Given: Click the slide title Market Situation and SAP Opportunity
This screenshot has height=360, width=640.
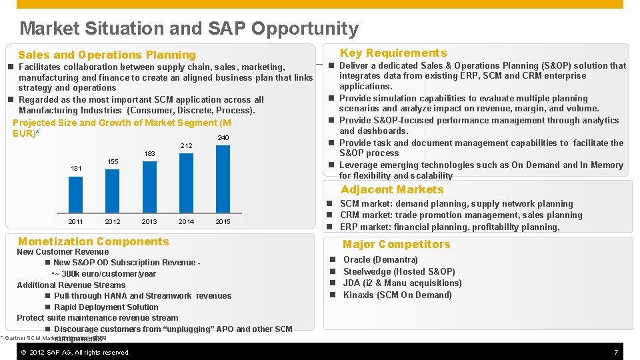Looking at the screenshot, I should point(189,28).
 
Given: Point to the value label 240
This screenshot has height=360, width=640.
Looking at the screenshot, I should point(223,138).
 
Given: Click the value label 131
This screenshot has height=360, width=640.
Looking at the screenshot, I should point(76,169).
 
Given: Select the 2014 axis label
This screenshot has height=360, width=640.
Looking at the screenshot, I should point(186,222).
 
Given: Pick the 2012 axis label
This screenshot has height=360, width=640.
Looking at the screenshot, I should point(113,222).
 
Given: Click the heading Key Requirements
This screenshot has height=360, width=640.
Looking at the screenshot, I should point(393,53).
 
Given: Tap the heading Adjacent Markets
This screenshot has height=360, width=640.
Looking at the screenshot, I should point(392,189).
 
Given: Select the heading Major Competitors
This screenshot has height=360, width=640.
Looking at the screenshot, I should point(396,245).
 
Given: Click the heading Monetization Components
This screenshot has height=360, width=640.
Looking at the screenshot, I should point(93,241).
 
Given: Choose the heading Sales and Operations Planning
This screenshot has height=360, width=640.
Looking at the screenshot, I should point(107,55).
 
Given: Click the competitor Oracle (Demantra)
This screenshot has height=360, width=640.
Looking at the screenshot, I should point(380,260).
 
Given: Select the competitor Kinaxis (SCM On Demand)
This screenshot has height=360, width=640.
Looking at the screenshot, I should point(397,295).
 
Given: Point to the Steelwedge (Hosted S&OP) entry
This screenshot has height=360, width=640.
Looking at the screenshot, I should point(399,271).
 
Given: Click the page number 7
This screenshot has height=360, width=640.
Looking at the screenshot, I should point(615,352).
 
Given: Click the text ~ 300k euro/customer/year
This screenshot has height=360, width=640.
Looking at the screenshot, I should point(105,274).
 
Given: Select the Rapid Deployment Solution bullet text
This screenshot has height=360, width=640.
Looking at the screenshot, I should point(106,307).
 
